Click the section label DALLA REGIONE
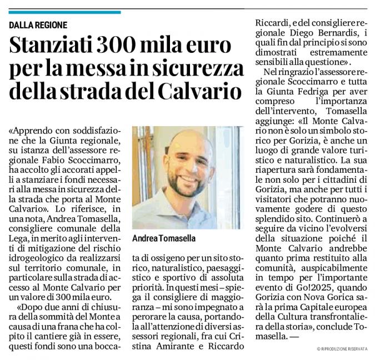pos(38,25)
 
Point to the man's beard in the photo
pos(189,181)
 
